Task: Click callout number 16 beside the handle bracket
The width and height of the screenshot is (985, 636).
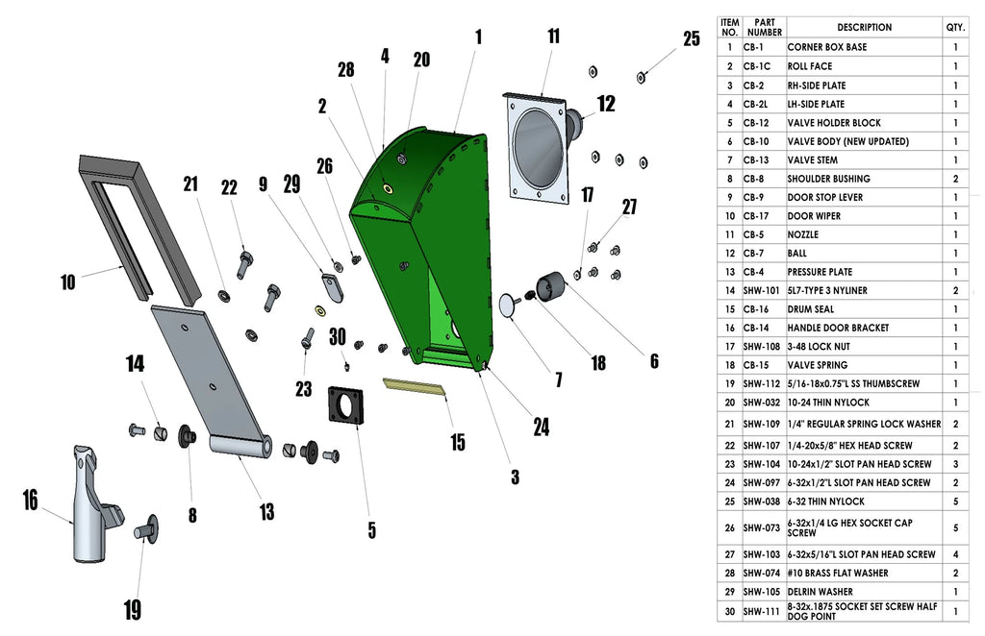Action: pos(30,500)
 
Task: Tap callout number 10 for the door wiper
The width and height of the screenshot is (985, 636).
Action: pos(67,282)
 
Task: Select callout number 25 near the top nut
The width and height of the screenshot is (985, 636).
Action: pos(692,39)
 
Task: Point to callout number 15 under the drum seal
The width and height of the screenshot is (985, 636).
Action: pos(457,442)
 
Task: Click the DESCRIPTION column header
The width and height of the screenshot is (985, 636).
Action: pos(864,28)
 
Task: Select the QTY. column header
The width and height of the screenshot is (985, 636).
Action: pos(955,28)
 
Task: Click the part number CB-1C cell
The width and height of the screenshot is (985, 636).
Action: pos(761,66)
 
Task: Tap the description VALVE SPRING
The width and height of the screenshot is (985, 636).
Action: pos(818,365)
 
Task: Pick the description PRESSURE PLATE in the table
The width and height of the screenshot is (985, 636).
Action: pos(820,272)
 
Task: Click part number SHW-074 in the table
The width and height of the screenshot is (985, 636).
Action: pos(762,573)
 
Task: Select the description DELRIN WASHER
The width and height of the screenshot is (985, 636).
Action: pos(820,592)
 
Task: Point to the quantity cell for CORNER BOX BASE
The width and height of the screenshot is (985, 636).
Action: pos(955,47)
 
